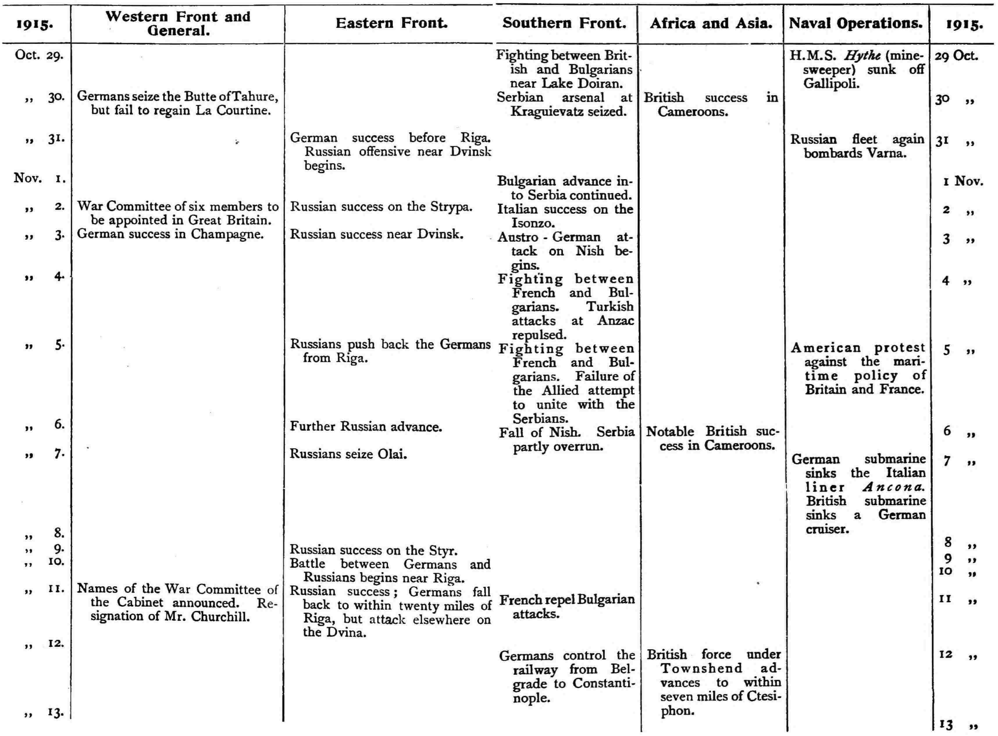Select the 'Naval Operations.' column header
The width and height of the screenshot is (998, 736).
click(x=856, y=24)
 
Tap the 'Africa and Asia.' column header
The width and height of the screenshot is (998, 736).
click(x=711, y=24)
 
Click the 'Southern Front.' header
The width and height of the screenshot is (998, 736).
click(x=565, y=24)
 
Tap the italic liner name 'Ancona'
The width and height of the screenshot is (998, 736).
click(x=894, y=487)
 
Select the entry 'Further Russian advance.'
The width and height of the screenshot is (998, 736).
click(x=366, y=427)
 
